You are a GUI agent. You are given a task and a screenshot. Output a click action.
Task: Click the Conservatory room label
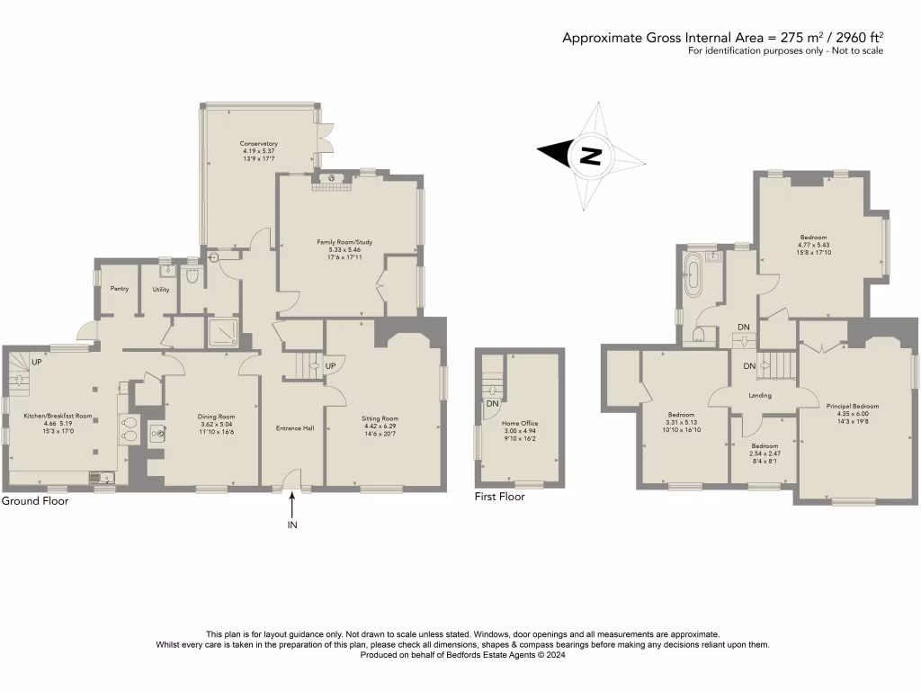[258, 144]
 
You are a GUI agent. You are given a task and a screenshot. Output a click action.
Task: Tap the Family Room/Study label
[349, 242]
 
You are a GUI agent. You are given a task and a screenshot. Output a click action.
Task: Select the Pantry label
[119, 289]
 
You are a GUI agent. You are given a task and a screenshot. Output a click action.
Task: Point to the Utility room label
[161, 290]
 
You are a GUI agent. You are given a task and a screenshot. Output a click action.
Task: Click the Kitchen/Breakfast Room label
[58, 416]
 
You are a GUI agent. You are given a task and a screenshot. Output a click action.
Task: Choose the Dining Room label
[216, 417]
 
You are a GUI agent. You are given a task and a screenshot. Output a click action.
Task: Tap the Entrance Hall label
[295, 428]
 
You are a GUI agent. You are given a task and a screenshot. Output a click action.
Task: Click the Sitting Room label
[380, 419]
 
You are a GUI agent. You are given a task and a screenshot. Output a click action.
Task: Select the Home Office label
[518, 423]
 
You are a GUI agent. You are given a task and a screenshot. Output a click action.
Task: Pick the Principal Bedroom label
[852, 407]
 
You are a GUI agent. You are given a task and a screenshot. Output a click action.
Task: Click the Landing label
[761, 394]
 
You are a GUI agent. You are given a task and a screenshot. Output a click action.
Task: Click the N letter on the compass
[590, 156]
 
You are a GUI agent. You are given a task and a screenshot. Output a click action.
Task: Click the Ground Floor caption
[34, 501]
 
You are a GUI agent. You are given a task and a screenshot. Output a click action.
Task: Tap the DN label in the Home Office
[492, 404]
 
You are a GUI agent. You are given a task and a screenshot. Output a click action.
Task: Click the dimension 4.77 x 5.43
[812, 245]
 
